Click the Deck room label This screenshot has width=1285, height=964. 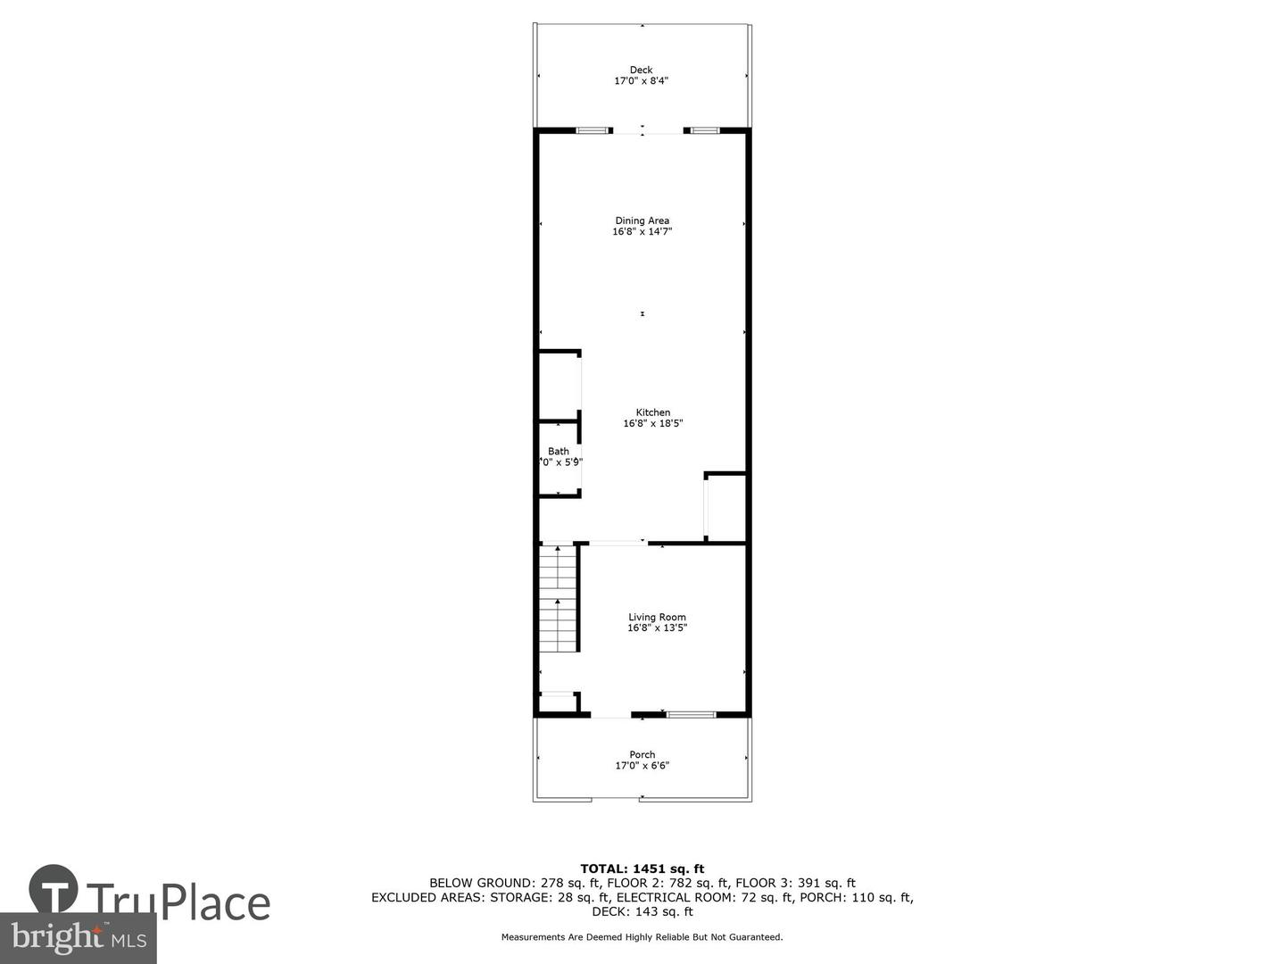click(641, 70)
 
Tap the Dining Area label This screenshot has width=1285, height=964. click(642, 220)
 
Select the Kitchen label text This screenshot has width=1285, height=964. click(652, 412)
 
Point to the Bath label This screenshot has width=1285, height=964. click(559, 452)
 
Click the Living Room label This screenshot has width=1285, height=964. click(657, 617)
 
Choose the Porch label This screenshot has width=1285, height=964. click(642, 754)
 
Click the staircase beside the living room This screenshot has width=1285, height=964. click(558, 598)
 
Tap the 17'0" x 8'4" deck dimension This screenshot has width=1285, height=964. click(641, 81)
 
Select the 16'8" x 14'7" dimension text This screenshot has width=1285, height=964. click(642, 232)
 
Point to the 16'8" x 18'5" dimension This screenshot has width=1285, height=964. click(652, 424)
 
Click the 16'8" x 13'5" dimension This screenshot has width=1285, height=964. click(657, 628)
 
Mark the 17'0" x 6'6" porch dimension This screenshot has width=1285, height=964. click(642, 766)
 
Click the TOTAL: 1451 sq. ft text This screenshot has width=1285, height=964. click(642, 868)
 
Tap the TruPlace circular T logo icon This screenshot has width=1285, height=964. click(54, 889)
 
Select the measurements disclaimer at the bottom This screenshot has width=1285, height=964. click(642, 937)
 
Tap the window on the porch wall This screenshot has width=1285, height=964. click(692, 714)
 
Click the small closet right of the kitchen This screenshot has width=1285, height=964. click(725, 507)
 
